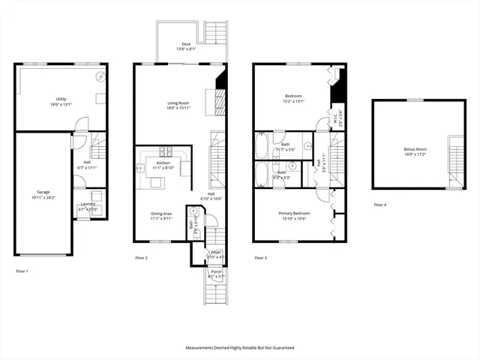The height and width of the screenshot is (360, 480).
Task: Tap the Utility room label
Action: [61, 99]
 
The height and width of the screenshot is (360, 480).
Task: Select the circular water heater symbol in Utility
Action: [99, 78]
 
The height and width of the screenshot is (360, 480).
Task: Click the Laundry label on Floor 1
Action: [87, 205]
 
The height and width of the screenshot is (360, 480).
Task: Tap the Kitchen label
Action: [163, 163]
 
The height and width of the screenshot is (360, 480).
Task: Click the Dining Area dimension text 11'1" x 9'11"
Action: [161, 218]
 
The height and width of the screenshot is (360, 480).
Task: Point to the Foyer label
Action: [216, 252]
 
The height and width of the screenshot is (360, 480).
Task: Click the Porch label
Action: [216, 271]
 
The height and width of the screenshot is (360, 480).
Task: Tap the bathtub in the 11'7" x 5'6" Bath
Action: [262, 145]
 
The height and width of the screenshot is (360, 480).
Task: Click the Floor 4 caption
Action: [380, 205]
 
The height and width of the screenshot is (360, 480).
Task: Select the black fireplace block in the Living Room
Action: [220, 81]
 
